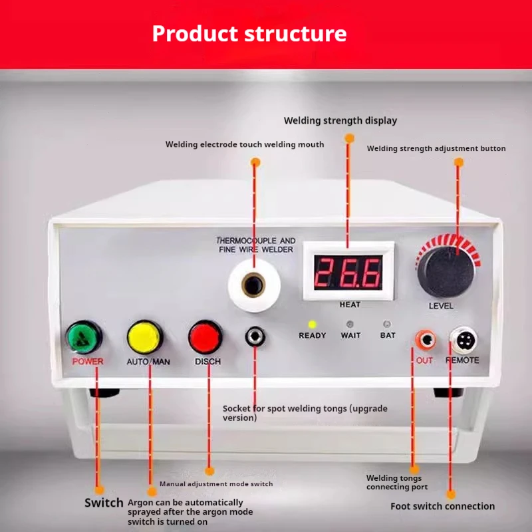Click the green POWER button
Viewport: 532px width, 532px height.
pos(84,337)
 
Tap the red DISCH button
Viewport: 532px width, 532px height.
pos(205,337)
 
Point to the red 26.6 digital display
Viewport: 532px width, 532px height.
pos(349,271)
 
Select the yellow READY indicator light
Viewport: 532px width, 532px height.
pos(311,325)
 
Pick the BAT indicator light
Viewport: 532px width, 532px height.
pos(387,325)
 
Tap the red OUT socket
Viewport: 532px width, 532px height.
pos(424,340)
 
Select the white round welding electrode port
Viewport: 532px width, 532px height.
pos(253,285)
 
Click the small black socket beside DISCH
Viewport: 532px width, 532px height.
pos(253,337)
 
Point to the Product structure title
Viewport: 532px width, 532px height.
pos(249,33)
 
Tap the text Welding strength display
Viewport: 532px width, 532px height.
pos(340,120)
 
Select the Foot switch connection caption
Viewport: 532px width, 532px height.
pos(442,506)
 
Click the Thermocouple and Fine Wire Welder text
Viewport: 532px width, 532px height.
pos(256,244)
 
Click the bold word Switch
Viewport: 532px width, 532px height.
pos(104,503)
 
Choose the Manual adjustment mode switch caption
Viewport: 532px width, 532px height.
pos(216,483)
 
